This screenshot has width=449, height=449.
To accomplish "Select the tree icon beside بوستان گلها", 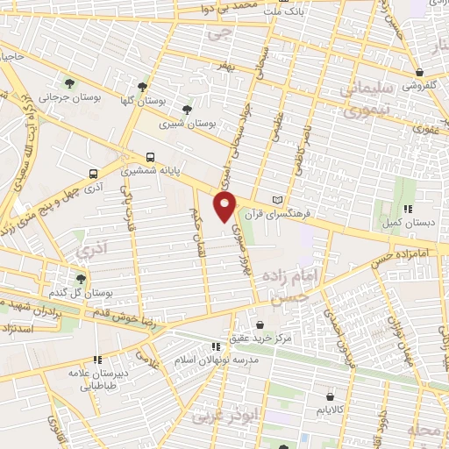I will coord(142,87).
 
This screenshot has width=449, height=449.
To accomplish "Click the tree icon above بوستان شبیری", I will coord(186,110).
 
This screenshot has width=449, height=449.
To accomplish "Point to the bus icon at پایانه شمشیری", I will coord(151,157).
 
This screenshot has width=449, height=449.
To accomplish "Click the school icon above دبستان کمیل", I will coord(408,209).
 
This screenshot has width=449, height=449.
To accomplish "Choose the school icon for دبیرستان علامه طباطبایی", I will coord(97,360).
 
